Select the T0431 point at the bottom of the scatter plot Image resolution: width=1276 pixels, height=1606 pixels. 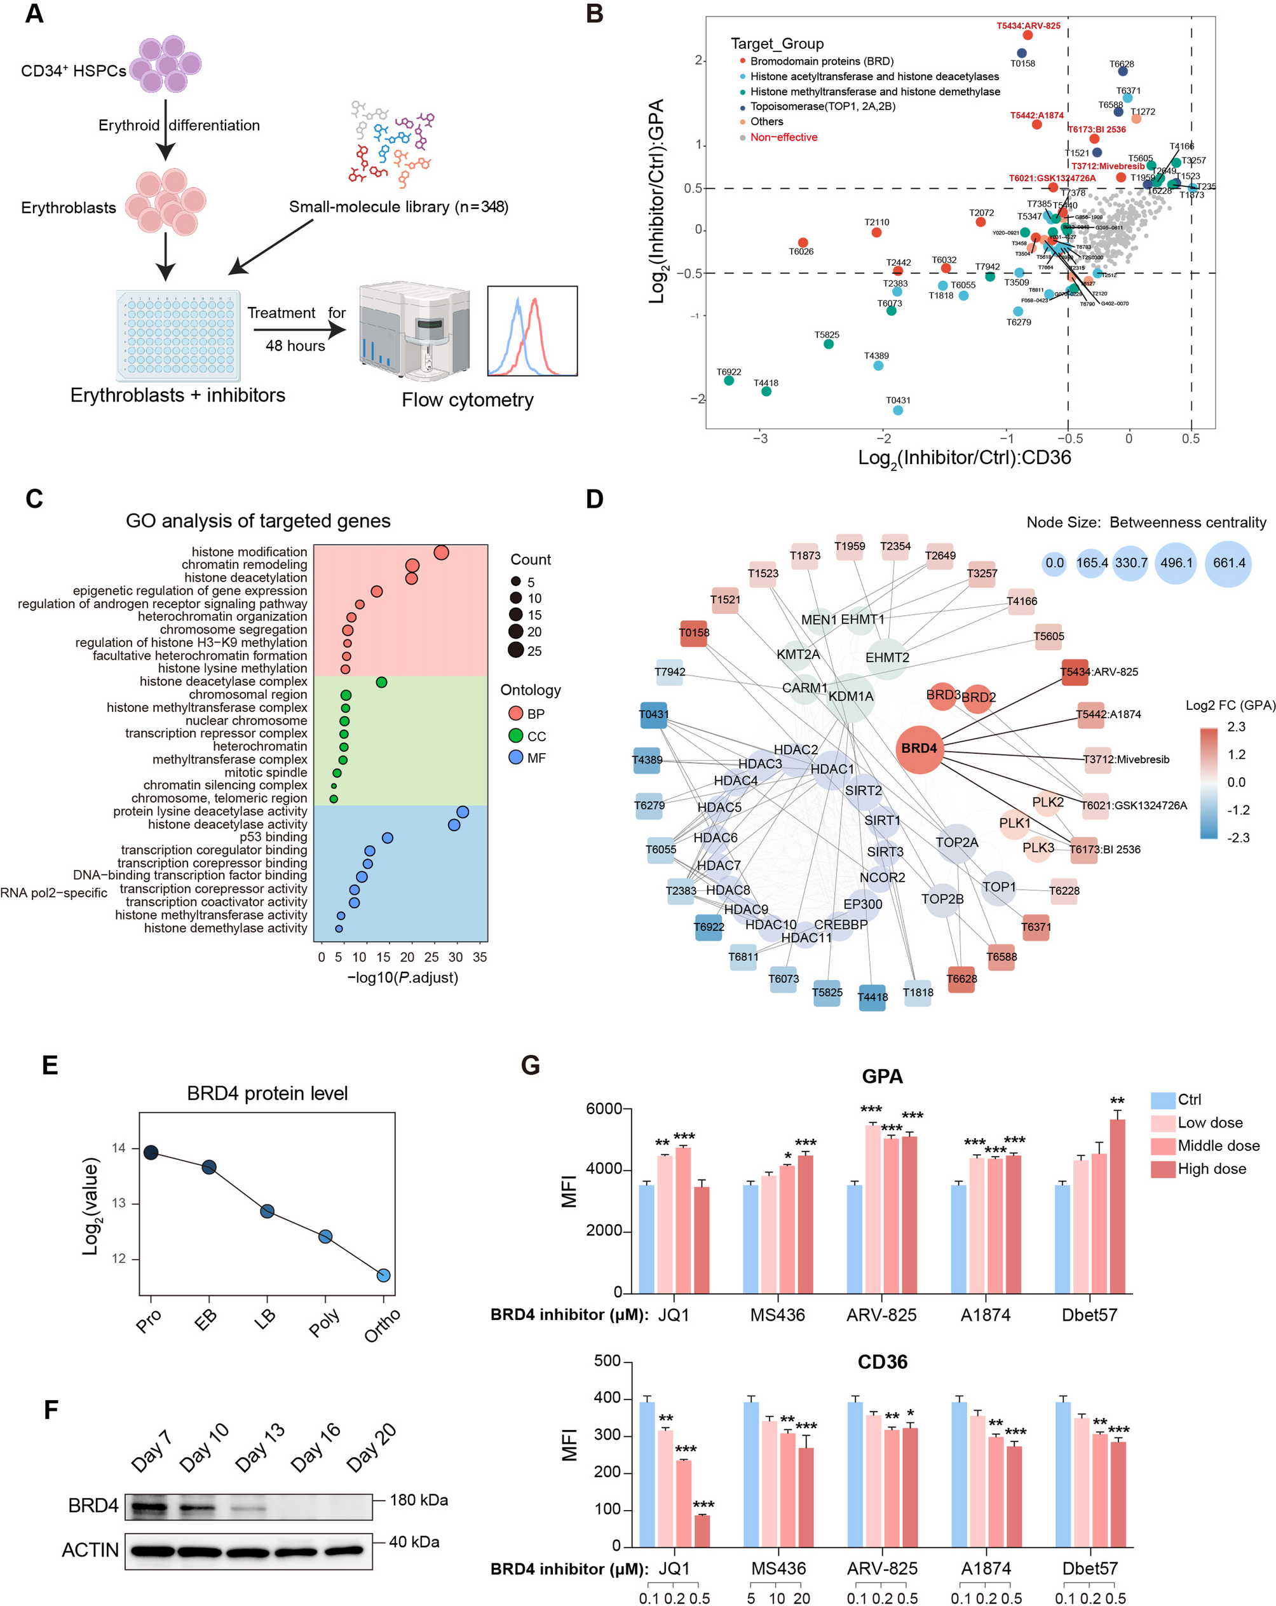(898, 411)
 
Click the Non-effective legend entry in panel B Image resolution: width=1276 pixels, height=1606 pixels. (783, 137)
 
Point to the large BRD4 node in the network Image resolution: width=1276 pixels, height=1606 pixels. (920, 748)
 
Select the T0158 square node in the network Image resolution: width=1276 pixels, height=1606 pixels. (693, 633)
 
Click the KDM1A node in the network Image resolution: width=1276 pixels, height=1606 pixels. (851, 697)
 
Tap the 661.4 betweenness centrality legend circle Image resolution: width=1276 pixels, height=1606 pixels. (1228, 563)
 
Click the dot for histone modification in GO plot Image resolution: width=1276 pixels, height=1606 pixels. (441, 553)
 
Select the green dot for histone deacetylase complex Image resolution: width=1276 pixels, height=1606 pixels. (381, 683)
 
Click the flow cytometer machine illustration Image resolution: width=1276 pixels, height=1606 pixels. (414, 332)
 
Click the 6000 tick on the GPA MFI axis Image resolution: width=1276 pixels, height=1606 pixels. (603, 1109)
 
